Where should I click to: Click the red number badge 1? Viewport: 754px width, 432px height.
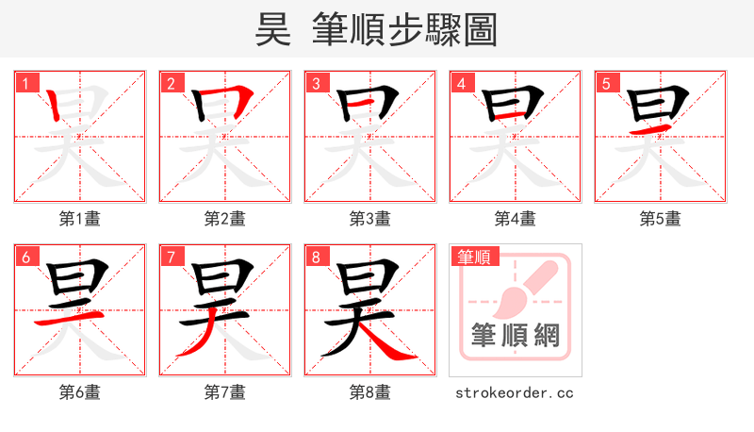point(25,83)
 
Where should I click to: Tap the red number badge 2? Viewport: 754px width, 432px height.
point(171,83)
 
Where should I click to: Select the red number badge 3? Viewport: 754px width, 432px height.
point(316,83)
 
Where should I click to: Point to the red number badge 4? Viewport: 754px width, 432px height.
point(461,83)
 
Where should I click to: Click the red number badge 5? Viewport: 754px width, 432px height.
point(606,83)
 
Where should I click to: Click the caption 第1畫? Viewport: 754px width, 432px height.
point(80,219)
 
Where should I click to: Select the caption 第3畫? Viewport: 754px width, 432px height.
point(370,219)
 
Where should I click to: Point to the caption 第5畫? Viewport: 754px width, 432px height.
point(661,219)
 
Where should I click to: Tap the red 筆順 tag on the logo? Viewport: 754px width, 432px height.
point(475,257)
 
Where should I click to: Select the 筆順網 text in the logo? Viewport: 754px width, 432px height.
point(516,335)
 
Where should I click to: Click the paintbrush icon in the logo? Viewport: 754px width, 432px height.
point(524,287)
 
